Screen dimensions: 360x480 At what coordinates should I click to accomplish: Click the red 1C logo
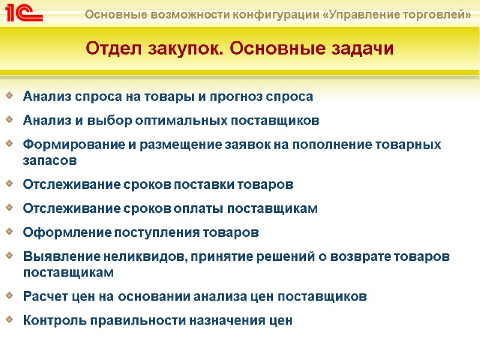point(23,13)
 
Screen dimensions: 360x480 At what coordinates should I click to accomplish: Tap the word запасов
point(50,160)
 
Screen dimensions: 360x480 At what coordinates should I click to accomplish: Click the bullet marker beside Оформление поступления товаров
point(9,232)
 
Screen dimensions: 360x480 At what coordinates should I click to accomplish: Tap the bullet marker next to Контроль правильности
point(9,319)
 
